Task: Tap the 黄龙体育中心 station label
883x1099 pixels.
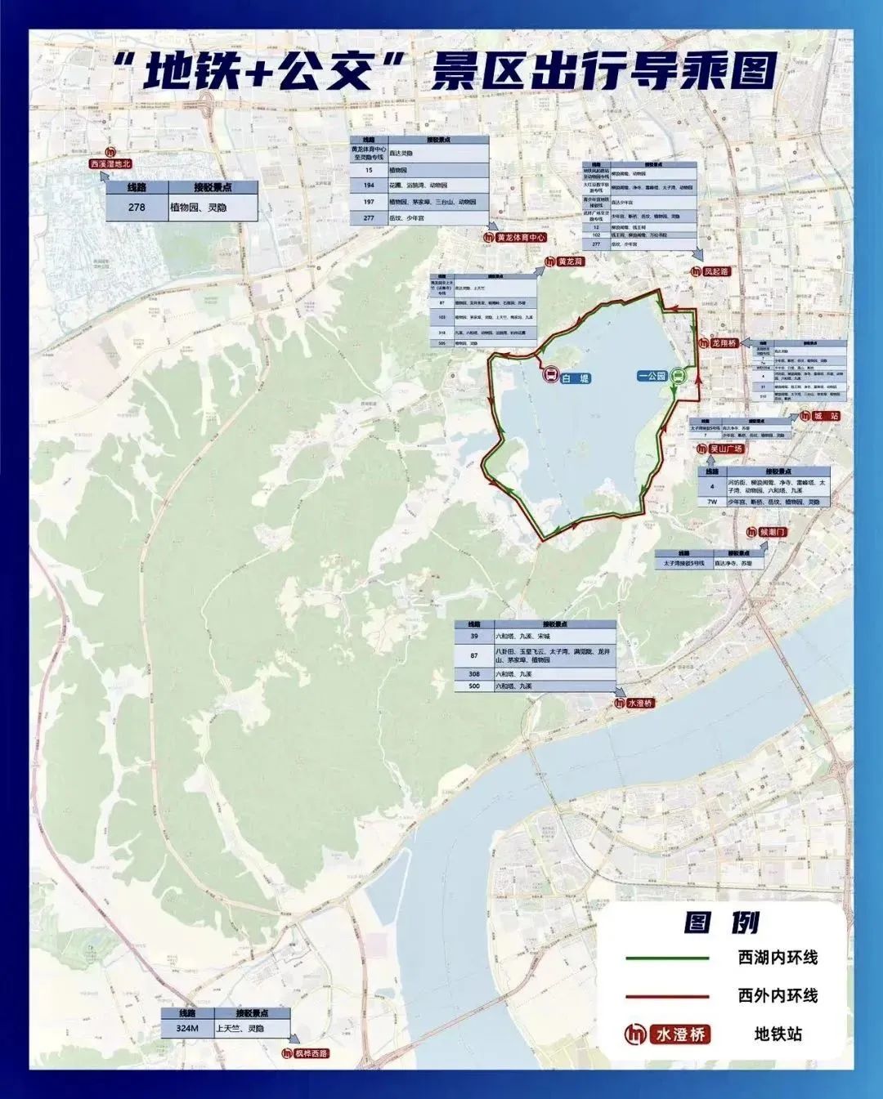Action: tap(520, 238)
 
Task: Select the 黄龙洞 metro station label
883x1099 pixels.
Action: tap(570, 261)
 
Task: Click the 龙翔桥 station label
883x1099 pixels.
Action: tap(724, 343)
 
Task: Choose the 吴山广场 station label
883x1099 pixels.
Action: tap(725, 449)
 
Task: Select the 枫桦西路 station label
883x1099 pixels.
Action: tap(311, 1053)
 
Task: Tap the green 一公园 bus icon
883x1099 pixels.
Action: tap(678, 377)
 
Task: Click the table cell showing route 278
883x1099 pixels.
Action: tap(137, 208)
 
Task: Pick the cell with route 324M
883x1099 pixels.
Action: tap(187, 1028)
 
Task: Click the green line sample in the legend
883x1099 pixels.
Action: tap(667, 958)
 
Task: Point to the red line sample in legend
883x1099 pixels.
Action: tap(667, 996)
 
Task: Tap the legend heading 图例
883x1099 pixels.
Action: tap(722, 923)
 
